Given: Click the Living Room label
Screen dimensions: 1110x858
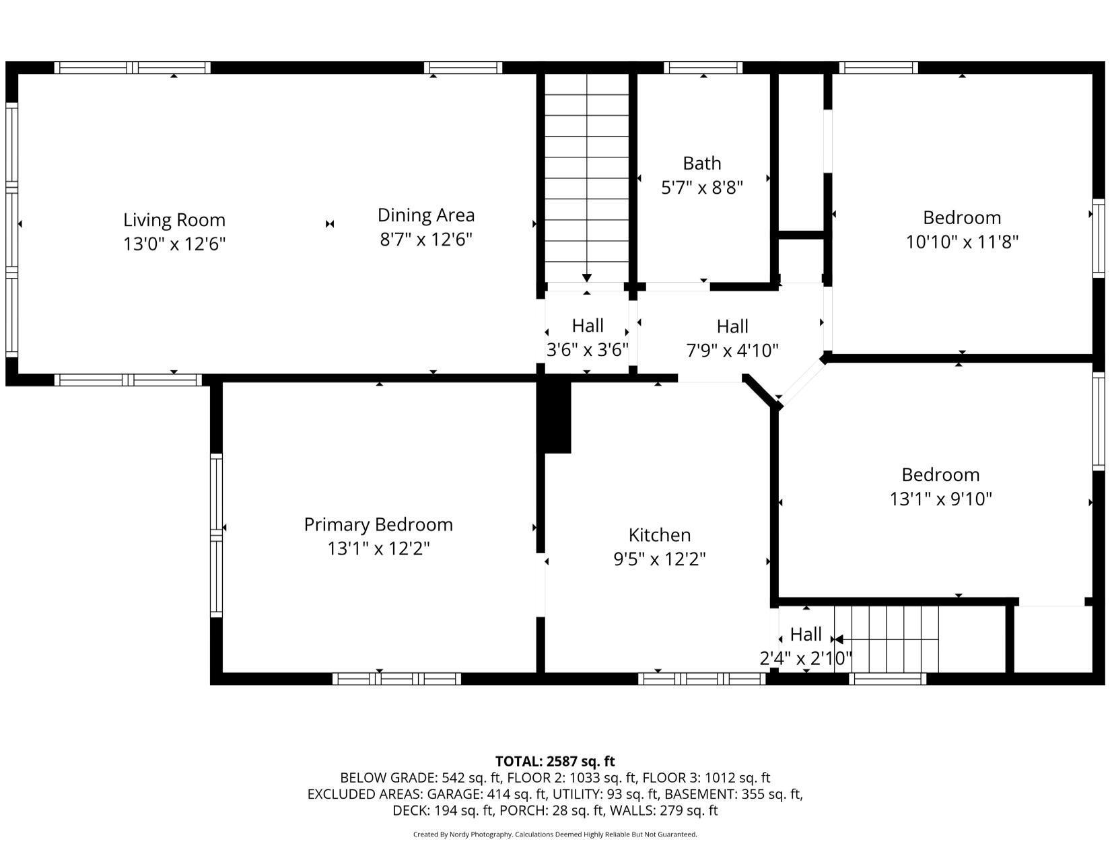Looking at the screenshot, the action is tap(174, 220).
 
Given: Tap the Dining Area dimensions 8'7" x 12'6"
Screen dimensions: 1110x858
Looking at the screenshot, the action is tap(426, 239).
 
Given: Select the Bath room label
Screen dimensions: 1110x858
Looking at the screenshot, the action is tap(702, 164).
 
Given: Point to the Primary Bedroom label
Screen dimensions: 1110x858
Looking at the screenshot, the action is tap(378, 524).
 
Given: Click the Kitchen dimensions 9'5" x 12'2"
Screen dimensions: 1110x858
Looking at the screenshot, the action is tap(660, 559).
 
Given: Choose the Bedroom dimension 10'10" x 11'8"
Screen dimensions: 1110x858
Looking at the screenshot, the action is tap(962, 242).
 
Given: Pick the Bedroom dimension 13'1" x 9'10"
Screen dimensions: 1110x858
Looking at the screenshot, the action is tap(940, 499).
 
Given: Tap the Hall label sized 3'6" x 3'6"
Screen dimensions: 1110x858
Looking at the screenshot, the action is tap(588, 326).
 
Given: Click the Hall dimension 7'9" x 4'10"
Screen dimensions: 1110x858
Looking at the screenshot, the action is tap(732, 351).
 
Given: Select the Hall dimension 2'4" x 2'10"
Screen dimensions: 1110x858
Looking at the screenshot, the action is tap(806, 658).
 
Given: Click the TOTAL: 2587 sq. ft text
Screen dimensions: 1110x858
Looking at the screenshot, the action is tap(555, 761).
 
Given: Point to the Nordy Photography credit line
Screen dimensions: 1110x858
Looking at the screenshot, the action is tap(555, 834).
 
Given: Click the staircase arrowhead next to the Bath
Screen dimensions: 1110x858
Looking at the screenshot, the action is tap(586, 278).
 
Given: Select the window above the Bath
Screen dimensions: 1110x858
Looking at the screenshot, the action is tap(703, 67).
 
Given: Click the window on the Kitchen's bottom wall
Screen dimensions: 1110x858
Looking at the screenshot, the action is tap(701, 678).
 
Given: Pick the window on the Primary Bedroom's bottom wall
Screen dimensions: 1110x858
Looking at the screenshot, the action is tap(396, 678).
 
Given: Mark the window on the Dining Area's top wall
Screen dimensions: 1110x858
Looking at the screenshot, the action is tap(463, 67).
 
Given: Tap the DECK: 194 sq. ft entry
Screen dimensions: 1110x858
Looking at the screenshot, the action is tap(443, 810).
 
